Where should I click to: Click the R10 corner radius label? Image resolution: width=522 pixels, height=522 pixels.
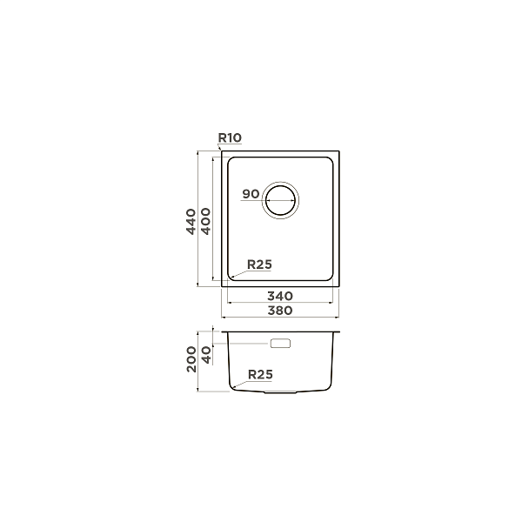pos(230,137)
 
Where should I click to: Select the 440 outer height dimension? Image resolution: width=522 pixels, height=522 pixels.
pos(191,222)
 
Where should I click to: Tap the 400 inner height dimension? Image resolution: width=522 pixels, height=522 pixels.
pos(206,221)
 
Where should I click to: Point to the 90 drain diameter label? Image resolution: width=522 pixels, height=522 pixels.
pos(251,194)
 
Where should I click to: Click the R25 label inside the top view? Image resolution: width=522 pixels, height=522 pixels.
pos(259,264)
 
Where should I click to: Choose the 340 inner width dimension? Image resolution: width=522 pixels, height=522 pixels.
pos(280,296)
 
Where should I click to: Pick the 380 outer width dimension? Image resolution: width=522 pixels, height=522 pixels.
pos(280,311)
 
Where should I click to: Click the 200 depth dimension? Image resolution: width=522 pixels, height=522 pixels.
pos(191,359)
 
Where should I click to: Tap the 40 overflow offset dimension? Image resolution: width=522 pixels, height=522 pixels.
pos(207,355)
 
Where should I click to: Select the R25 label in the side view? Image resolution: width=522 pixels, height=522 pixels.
pos(261,374)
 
